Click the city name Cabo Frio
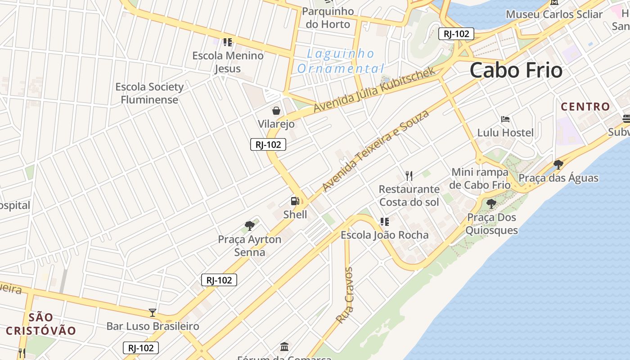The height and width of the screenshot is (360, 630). click(516, 71)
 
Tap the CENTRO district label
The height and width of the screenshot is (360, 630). click(585, 107)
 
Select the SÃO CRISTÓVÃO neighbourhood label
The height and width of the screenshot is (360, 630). click(41, 324)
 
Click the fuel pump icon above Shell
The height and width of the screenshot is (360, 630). click(295, 201)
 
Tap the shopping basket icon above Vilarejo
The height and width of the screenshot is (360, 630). click(276, 110)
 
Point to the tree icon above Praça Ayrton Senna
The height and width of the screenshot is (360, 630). click(250, 226)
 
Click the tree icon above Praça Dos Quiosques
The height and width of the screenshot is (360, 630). click(491, 204)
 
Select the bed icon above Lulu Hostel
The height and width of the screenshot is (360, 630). click(505, 119)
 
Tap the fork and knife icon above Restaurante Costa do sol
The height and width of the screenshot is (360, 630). click(409, 175)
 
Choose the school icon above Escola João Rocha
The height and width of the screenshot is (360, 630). click(385, 221)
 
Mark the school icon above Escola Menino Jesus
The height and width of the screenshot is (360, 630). click(228, 42)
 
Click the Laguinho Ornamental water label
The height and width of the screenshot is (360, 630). click(340, 61)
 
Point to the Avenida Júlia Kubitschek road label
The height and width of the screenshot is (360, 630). click(374, 90)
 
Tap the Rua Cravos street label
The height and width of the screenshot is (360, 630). click(345, 295)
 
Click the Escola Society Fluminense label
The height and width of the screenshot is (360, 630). click(149, 93)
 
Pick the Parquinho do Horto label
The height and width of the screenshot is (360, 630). click(328, 18)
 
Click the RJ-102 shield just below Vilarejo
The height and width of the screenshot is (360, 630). click(268, 144)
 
